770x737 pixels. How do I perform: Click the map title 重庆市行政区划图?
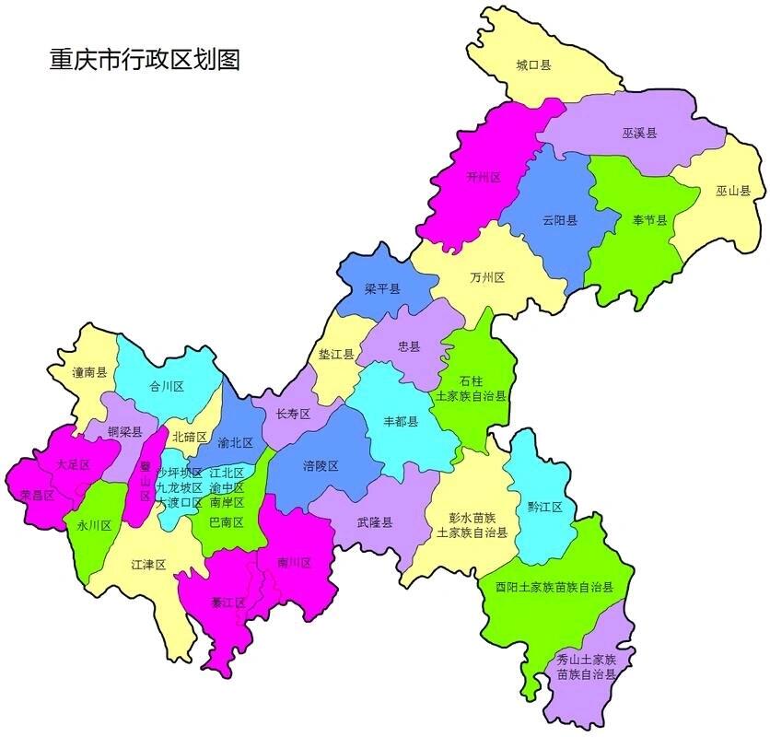[x=145, y=60]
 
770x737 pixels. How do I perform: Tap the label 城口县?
[x=533, y=65]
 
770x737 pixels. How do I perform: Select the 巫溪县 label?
[x=639, y=133]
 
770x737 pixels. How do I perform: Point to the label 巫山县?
[x=733, y=192]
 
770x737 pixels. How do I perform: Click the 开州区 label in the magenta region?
[x=483, y=177]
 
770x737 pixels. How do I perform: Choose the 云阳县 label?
[x=560, y=220]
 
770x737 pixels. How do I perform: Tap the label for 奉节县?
[x=649, y=220]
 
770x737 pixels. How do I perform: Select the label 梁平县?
[x=382, y=289]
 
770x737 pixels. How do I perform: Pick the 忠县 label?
[x=408, y=347]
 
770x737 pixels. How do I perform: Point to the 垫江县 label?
[x=336, y=355]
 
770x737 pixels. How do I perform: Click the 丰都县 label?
[x=401, y=422]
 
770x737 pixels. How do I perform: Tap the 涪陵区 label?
[x=321, y=466]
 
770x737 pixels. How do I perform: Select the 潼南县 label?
[x=89, y=373]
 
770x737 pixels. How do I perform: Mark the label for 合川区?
[x=167, y=387]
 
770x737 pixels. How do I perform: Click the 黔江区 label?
[x=544, y=508]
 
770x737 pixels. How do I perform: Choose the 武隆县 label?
[x=375, y=522]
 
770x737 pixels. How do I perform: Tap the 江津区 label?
[x=148, y=564]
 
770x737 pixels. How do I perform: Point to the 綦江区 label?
[x=227, y=603]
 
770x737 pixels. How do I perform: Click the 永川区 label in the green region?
[x=93, y=526]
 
